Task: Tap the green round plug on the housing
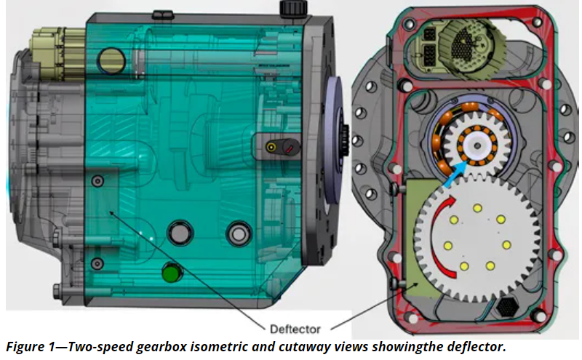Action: click(x=172, y=273)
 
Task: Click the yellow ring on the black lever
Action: click(x=271, y=147)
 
